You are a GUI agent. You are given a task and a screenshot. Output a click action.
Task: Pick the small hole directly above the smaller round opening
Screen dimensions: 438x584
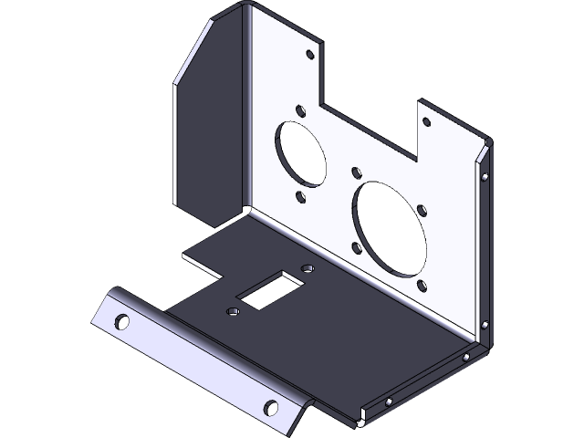[x=300, y=110]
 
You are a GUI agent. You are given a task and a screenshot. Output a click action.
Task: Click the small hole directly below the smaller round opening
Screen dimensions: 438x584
[x=301, y=195]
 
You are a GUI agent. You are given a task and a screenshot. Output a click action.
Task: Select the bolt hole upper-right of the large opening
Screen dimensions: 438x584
[x=422, y=211]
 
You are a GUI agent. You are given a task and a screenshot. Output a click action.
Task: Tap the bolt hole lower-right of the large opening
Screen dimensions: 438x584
[x=422, y=286]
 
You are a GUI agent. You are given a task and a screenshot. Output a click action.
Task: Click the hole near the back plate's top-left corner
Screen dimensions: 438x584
[x=310, y=56]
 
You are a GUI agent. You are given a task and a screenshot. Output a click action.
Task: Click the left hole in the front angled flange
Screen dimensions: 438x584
[x=120, y=321]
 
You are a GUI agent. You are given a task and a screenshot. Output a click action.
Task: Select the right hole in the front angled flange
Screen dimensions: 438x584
[x=270, y=407]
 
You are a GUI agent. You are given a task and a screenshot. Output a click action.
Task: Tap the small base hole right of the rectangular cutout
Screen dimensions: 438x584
[x=307, y=268]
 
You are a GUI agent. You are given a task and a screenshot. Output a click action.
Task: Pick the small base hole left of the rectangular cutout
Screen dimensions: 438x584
[x=232, y=312]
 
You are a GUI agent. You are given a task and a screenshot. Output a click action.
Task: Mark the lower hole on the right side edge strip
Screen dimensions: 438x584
[x=485, y=326]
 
